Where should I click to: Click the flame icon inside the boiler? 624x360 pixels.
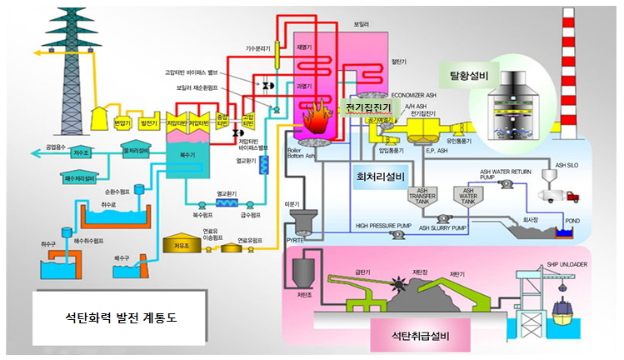pyautogui.click(x=317, y=122)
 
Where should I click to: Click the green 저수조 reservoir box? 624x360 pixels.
pyautogui.click(x=81, y=152)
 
